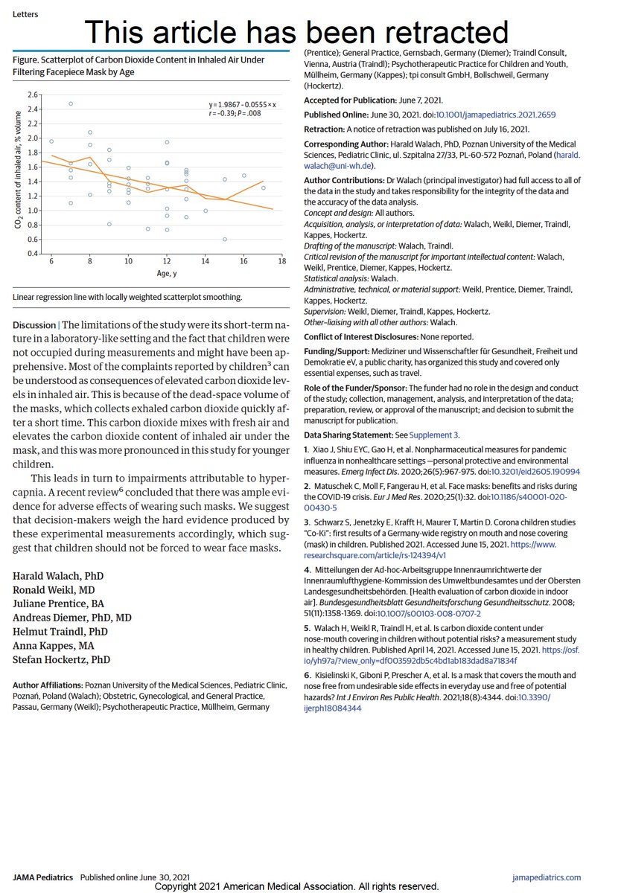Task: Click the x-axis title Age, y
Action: [x=166, y=273]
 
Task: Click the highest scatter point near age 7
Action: [x=71, y=103]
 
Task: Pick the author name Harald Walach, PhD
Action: [x=58, y=576]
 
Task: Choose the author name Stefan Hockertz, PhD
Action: [x=62, y=659]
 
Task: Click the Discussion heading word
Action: [x=34, y=325]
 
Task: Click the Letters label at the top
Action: [x=25, y=14]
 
